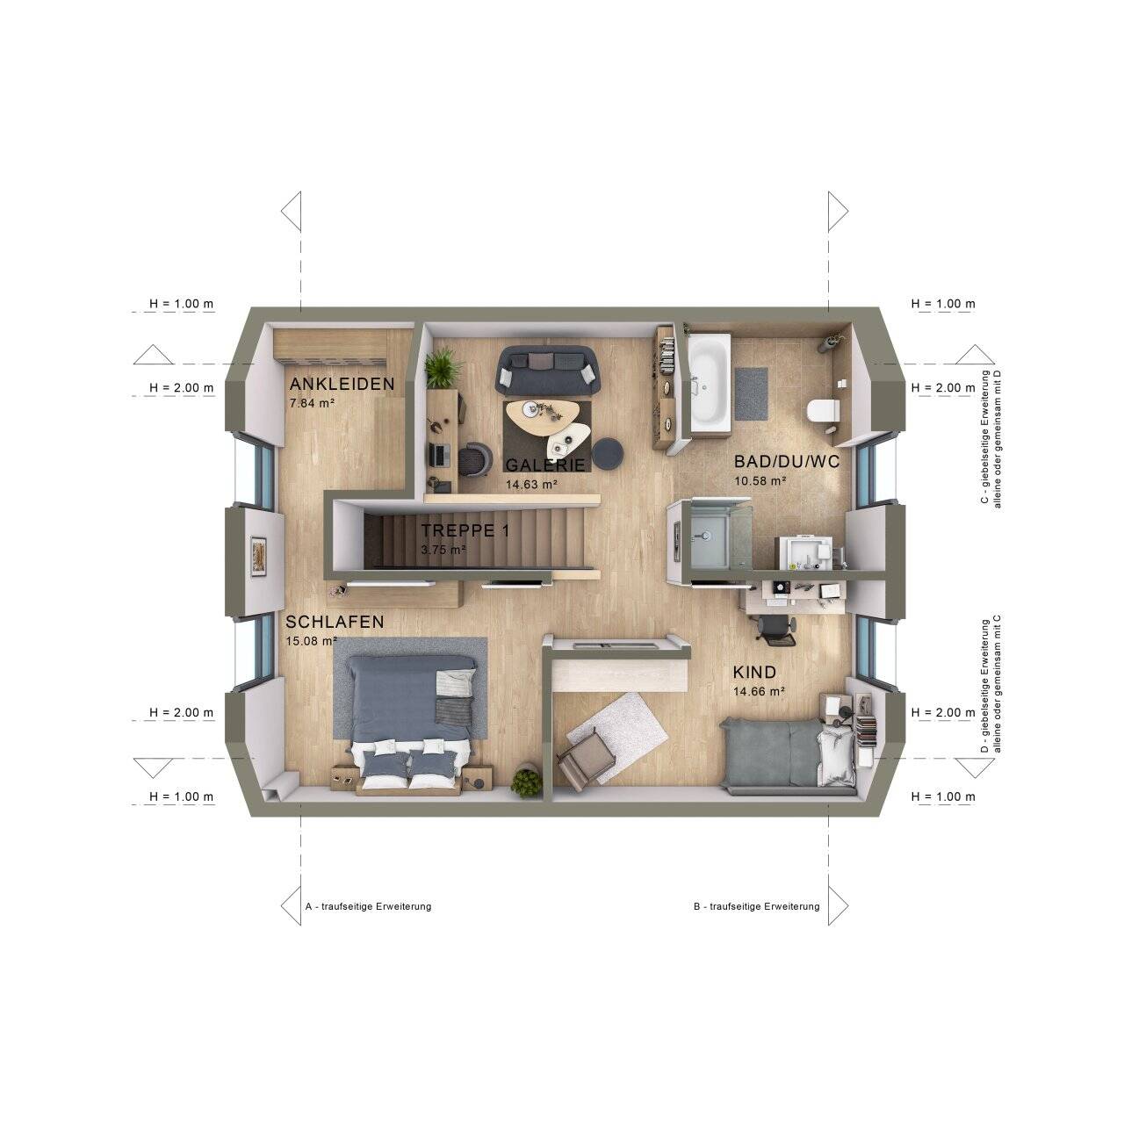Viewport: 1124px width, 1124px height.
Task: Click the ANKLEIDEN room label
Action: coord(342,384)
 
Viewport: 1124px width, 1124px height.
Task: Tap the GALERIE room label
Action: coord(544,465)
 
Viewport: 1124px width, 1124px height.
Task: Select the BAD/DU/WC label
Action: coord(786,461)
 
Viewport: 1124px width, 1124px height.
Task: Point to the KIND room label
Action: coord(754,672)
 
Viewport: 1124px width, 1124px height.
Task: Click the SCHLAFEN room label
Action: coord(335,622)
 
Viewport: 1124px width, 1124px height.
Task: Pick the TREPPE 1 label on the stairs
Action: coord(465,530)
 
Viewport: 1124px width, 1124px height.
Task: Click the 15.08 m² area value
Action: coord(312,641)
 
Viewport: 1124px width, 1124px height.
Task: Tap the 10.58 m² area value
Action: coord(760,480)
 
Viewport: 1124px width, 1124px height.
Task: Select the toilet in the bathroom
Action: coord(823,410)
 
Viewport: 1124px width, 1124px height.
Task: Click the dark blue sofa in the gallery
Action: coord(547,369)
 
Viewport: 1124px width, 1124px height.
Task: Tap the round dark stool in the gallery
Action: coord(609,452)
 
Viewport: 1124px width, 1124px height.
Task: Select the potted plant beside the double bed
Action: coord(527,782)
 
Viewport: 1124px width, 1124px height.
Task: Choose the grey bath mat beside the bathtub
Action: coord(751,393)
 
